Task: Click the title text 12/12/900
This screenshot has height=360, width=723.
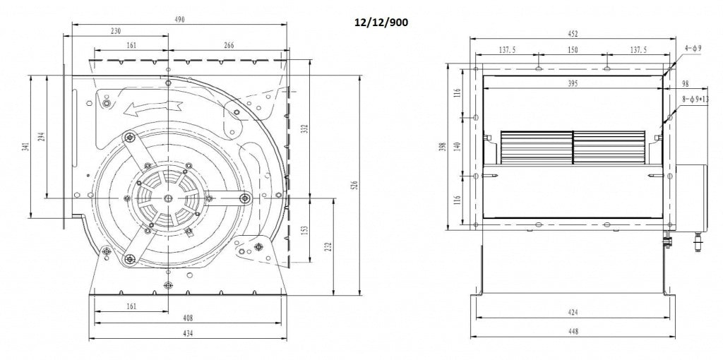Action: point(381,22)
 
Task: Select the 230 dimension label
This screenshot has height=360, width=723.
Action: point(116,32)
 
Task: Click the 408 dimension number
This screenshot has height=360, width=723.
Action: point(189,318)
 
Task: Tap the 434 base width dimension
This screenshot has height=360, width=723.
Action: point(189,333)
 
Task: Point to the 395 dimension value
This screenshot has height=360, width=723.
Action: point(572,84)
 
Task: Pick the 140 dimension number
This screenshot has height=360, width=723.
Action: point(457,145)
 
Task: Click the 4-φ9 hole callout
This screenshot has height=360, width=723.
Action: point(692,48)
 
